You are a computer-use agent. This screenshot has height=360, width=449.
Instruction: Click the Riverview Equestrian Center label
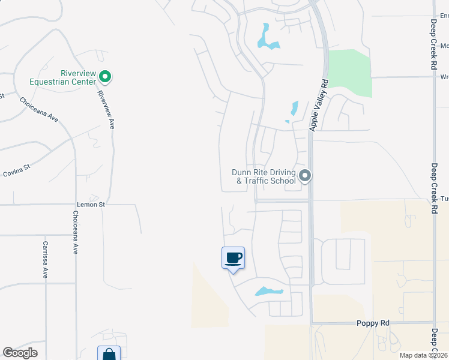[x=62, y=77]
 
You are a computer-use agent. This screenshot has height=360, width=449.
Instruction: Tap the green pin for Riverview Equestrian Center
[x=105, y=76]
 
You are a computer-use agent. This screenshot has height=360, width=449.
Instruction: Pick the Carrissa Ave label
[x=44, y=259]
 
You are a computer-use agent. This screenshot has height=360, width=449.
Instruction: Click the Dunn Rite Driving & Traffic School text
[x=264, y=176]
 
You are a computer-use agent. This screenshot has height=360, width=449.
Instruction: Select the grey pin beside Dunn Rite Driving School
[x=305, y=176]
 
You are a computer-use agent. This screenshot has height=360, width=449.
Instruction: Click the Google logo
[x=20, y=353]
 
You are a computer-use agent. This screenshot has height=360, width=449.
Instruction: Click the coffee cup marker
[x=234, y=258]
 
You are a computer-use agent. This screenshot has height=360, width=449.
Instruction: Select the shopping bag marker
[x=109, y=354]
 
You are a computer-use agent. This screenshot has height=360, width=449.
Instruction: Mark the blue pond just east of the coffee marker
[x=268, y=292]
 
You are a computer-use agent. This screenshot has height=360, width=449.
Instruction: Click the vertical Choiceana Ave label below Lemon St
[x=76, y=232]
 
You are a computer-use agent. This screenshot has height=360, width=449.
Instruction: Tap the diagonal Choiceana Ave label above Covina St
[x=39, y=110]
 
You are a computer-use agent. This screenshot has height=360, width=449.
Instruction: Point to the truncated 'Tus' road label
[x=444, y=199]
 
